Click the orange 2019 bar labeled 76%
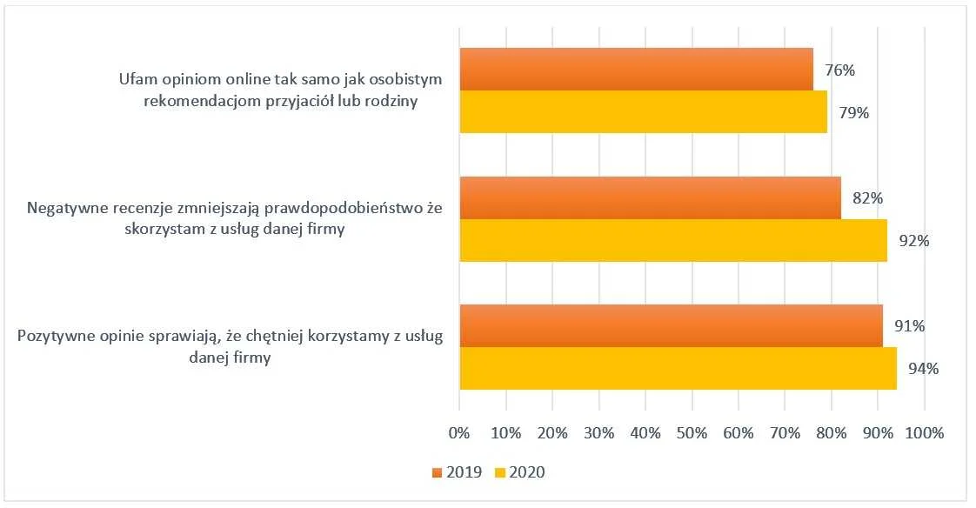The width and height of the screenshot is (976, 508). point(636,70)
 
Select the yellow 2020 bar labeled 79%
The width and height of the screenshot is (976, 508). point(643,112)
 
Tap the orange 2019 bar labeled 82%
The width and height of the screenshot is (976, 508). point(650,197)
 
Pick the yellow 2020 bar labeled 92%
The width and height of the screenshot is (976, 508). point(673,240)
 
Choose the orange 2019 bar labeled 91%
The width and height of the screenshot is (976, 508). point(671,326)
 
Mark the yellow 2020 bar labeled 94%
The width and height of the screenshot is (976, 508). point(678,369)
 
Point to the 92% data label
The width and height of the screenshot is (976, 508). point(914,241)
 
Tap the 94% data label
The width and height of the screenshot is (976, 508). point(923,369)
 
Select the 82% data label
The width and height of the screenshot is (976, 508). point(867,198)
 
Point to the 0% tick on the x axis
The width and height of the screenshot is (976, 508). point(458,432)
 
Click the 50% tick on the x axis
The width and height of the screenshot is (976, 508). point(692,432)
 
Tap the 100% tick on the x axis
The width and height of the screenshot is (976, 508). point(924,432)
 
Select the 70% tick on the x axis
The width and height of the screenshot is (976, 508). point(785,432)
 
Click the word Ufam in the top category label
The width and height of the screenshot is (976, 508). point(137,79)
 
